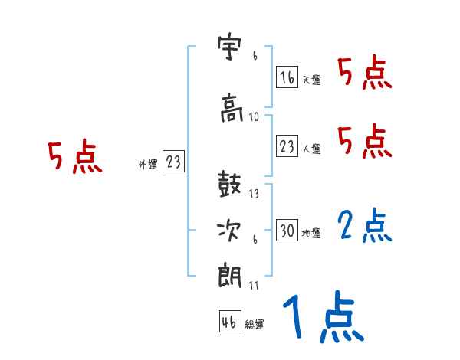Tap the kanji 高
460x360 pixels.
coord(231,108)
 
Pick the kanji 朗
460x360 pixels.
coord(231,274)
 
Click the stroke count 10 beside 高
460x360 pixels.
coord(255,117)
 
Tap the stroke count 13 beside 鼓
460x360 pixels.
coord(255,193)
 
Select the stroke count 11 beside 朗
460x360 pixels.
coord(255,285)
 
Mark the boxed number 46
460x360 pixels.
coord(229,322)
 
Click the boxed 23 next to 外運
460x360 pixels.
coord(173,162)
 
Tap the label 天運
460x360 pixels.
coord(311,80)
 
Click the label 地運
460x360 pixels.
coord(311,232)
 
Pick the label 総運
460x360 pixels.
coord(255,324)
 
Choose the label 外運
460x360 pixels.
coord(147,164)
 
